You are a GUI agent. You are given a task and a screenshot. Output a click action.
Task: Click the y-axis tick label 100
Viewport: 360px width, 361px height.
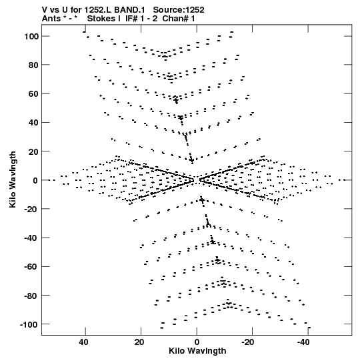tap(31, 37)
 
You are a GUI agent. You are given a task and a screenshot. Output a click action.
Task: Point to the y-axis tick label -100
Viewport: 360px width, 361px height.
tap(29, 325)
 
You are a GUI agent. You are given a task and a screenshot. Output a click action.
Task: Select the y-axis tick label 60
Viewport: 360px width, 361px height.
tap(33, 94)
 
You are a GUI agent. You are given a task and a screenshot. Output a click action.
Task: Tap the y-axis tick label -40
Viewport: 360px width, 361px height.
tap(31, 238)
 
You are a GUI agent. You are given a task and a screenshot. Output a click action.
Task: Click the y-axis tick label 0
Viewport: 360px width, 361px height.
tap(35, 180)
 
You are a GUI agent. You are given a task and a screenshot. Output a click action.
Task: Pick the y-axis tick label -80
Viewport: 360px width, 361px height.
tap(31, 296)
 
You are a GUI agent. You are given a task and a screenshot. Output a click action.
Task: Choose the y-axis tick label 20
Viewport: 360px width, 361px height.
tap(33, 151)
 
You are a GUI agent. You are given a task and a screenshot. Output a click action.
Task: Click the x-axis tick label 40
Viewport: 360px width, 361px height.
tap(83, 342)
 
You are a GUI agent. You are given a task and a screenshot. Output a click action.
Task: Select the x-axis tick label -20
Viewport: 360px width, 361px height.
tap(247, 342)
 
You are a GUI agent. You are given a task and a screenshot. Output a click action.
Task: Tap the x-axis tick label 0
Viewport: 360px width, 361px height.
tap(197, 342)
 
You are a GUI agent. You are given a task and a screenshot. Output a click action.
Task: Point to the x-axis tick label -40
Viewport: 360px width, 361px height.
tap(303, 342)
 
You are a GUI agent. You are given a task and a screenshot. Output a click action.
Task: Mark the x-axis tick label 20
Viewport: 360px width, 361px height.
tap(139, 342)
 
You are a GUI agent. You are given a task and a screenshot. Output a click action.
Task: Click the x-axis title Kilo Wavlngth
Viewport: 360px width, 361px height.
tap(197, 351)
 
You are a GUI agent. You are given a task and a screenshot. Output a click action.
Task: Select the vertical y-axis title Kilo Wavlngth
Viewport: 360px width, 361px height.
tap(13, 179)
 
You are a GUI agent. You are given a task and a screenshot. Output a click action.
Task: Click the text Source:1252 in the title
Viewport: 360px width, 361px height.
tap(179, 10)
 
